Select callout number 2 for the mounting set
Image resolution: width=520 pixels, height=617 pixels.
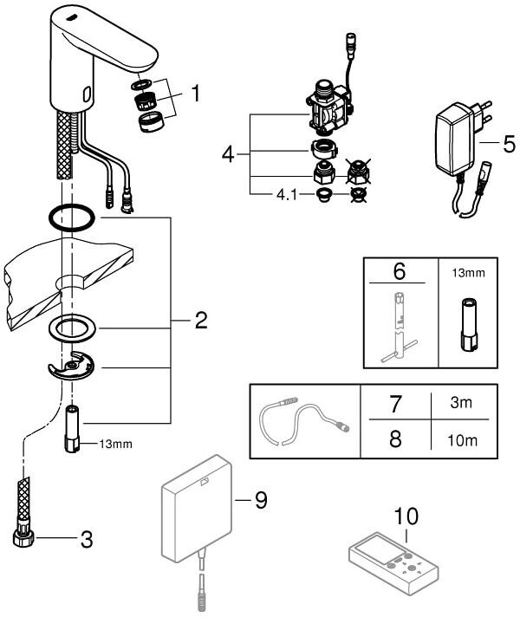click(200, 322)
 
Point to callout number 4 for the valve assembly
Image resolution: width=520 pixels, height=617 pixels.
click(228, 155)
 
